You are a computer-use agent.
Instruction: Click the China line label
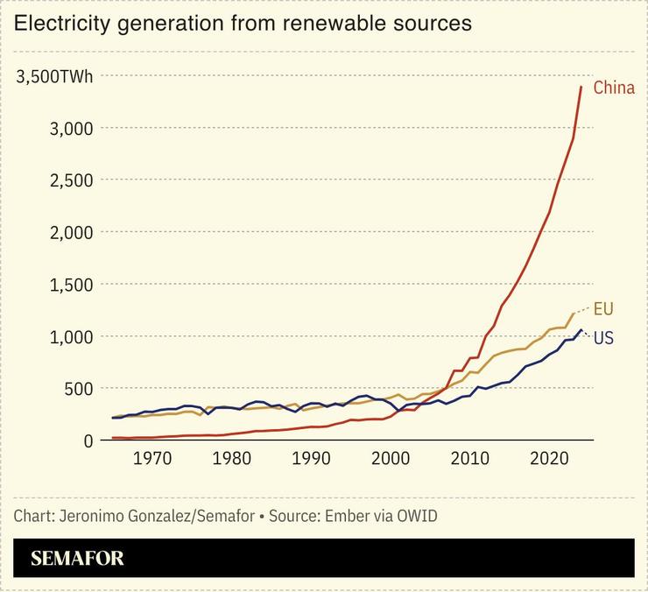(x=614, y=88)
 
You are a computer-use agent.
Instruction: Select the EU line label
(x=603, y=308)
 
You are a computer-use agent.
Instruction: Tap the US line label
(x=603, y=338)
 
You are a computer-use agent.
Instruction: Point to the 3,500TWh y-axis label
(x=53, y=77)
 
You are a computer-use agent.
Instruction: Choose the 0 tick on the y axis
(x=88, y=440)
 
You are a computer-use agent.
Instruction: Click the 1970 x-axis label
(x=152, y=458)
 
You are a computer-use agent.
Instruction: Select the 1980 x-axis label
(x=232, y=458)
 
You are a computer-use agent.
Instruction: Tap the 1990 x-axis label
(x=312, y=458)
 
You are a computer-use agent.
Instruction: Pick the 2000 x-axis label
(x=391, y=458)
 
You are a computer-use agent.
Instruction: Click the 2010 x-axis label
(x=471, y=458)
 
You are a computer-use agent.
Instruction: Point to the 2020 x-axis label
(x=551, y=458)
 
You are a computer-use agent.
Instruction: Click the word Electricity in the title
(x=60, y=24)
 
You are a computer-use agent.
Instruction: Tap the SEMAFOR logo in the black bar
(x=77, y=559)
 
